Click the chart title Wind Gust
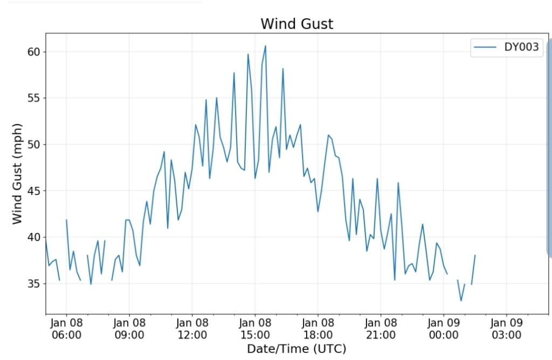pyautogui.click(x=296, y=24)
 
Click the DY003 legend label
pyautogui.click(x=521, y=47)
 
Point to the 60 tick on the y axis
pyautogui.click(x=34, y=52)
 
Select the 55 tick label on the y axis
pyautogui.click(x=34, y=98)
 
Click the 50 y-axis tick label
pyautogui.click(x=34, y=144)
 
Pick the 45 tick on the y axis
pyautogui.click(x=34, y=191)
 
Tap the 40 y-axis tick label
pyautogui.click(x=34, y=237)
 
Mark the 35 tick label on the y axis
pyautogui.click(x=34, y=283)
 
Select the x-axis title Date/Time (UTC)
pyautogui.click(x=296, y=349)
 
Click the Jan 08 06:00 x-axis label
pyautogui.click(x=66, y=329)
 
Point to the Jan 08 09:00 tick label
pyautogui.click(x=129, y=329)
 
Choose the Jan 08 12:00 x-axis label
pyautogui.click(x=192, y=329)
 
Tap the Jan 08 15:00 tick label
pyautogui.click(x=255, y=329)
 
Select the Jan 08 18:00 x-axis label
pyautogui.click(x=318, y=329)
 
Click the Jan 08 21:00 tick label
pyautogui.click(x=381, y=329)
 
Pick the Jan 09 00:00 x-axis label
pyautogui.click(x=444, y=329)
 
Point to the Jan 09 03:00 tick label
pyautogui.click(x=507, y=329)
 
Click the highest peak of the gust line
pyautogui.click(x=265, y=46)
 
